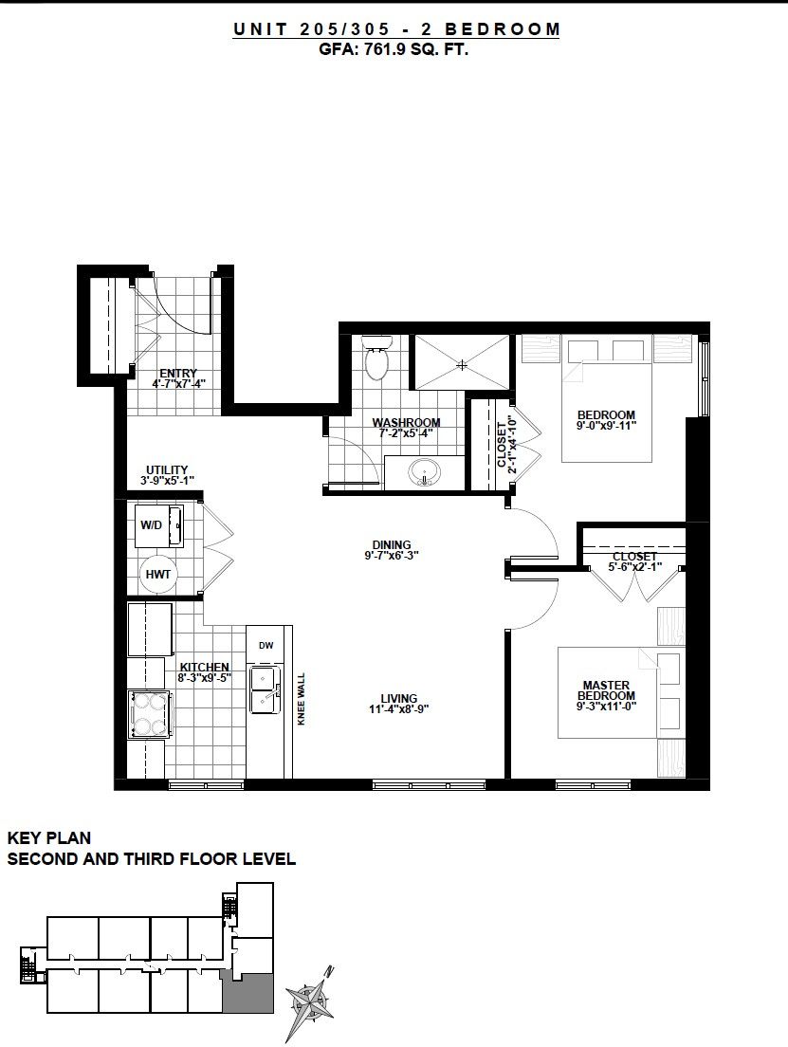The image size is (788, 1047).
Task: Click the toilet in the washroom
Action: coord(376,357)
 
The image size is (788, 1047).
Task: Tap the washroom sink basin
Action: coord(423,472)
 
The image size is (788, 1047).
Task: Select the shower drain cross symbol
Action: coord(462,364)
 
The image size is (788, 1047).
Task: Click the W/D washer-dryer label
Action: coord(151,524)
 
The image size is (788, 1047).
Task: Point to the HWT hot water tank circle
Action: coord(158,574)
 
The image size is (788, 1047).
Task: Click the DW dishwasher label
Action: coord(266,645)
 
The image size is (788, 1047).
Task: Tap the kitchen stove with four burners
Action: coord(150,714)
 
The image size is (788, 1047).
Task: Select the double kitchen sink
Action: coord(266,689)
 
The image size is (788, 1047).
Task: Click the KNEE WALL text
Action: coord(302,698)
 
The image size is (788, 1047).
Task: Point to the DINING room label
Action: coord(392,545)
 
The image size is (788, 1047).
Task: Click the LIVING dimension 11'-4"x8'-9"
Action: coord(398,709)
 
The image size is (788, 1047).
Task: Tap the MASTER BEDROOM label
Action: coord(606,689)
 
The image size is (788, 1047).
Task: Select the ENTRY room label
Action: coord(178,374)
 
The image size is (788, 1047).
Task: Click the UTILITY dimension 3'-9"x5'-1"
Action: coord(167,480)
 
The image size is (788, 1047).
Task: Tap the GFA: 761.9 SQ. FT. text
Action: coord(394,48)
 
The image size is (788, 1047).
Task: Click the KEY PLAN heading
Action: coord(48,837)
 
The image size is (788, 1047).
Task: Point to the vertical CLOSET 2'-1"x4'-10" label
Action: coord(507,445)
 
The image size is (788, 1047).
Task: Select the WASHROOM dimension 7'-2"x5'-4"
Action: coord(406,432)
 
